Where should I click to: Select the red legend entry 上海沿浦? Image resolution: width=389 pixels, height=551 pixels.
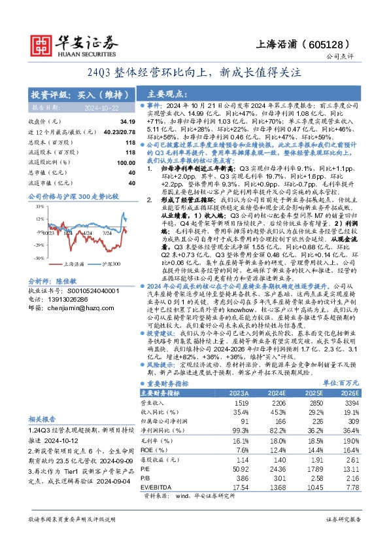tap(77, 263)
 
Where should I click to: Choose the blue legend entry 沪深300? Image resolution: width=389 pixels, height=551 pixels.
tap(112, 263)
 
